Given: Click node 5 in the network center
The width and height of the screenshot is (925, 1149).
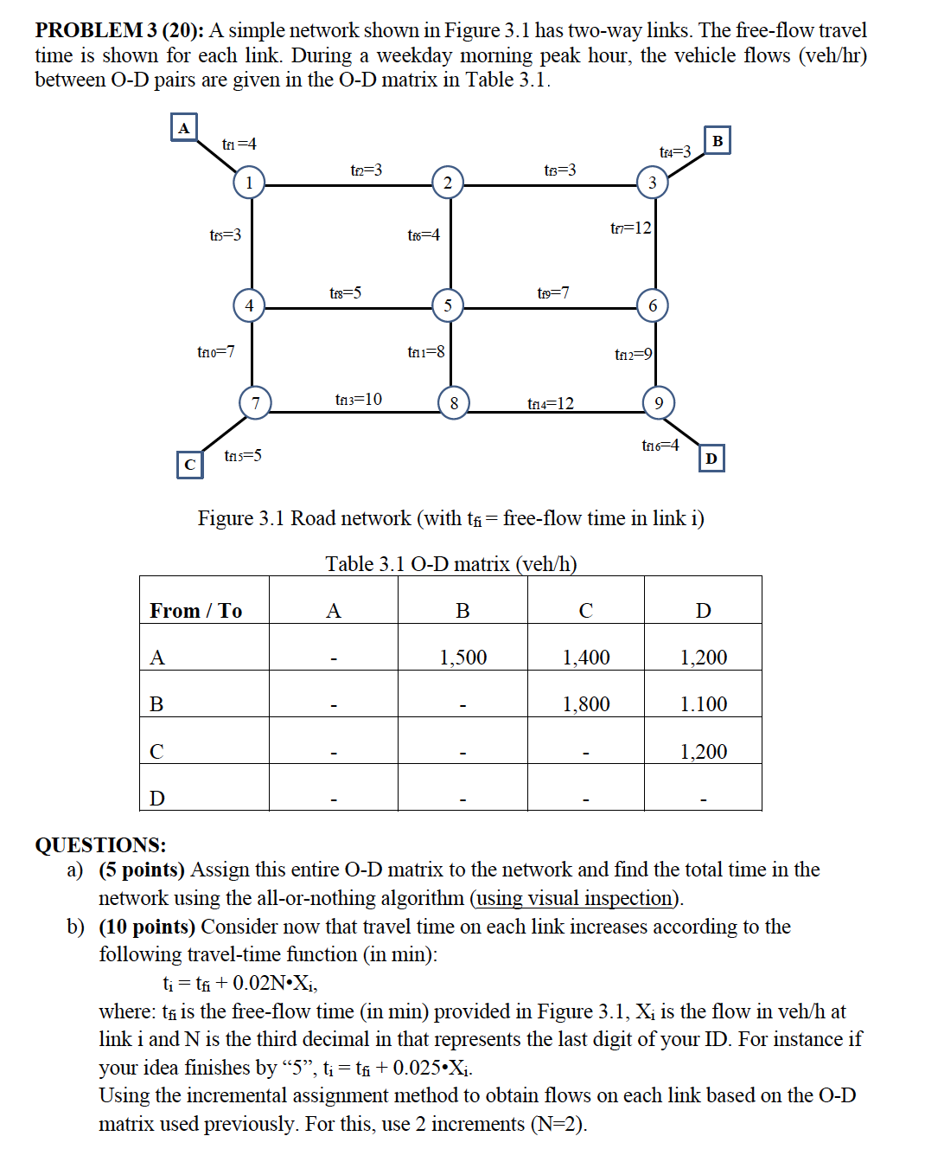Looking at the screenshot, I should point(447,305).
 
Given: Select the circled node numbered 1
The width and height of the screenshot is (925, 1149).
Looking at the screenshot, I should point(249,183).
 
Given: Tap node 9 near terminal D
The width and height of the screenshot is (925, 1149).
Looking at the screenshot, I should point(658,403).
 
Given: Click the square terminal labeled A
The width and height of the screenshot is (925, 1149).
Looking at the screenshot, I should point(183,128).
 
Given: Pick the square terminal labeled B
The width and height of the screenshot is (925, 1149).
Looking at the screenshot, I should point(717,140).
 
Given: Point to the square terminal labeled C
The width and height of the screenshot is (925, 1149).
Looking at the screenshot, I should point(189,465).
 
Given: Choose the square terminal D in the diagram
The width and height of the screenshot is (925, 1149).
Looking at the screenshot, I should point(711,459).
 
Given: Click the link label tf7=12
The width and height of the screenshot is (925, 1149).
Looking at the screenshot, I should point(630,228).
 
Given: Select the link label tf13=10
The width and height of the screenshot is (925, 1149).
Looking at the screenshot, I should point(358,400).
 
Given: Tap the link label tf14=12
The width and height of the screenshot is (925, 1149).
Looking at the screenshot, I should point(550,404).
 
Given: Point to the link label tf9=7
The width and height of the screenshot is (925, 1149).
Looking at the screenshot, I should point(552,293).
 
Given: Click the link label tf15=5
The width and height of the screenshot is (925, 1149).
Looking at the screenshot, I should point(243,456).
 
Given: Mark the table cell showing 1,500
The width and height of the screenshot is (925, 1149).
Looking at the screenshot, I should point(462,658).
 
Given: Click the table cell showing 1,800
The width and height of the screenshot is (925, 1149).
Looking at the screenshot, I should point(586,704).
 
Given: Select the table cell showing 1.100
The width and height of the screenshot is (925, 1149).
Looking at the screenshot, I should point(703,704).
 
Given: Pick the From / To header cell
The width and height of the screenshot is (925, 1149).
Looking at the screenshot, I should point(196,611).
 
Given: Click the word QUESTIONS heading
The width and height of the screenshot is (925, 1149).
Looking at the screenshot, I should point(100,844).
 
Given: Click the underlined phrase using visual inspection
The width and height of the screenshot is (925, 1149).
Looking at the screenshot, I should point(575,898).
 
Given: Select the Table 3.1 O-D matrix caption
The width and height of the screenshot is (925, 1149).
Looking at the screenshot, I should point(450,564).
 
